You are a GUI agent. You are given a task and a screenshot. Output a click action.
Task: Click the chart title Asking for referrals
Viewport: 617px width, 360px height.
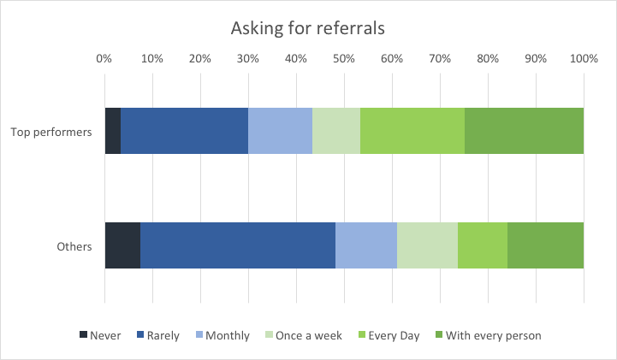[x=308, y=27]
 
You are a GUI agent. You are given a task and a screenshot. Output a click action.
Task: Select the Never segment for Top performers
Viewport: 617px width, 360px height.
[x=113, y=131]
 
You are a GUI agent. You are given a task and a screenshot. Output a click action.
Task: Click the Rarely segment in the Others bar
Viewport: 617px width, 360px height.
[x=238, y=245]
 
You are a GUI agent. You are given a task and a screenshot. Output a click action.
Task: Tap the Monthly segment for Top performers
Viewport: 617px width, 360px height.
[x=280, y=131]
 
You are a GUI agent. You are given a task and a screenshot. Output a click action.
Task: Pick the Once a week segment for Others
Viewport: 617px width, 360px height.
[x=427, y=245]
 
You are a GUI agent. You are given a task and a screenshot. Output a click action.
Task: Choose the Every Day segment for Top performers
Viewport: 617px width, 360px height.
[x=412, y=131]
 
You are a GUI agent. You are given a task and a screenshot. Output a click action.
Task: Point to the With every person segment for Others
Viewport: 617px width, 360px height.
[x=545, y=245]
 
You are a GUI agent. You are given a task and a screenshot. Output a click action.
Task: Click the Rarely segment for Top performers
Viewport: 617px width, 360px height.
[x=185, y=131]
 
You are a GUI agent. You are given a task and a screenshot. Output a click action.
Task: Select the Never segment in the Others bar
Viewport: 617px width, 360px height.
[x=122, y=245]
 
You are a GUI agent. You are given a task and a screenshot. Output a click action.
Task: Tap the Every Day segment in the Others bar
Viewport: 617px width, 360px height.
[x=483, y=245]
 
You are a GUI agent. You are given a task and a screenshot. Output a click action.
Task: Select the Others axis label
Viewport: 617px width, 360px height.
[x=74, y=246]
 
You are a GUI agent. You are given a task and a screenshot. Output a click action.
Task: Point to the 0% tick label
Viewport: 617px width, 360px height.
[x=104, y=59]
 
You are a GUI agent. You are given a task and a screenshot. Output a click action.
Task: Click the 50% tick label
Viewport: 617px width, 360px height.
[x=344, y=59]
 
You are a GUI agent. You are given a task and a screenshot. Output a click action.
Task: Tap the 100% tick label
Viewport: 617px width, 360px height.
[x=584, y=59]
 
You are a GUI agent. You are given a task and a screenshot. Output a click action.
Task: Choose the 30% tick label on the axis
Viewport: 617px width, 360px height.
[x=248, y=59]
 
